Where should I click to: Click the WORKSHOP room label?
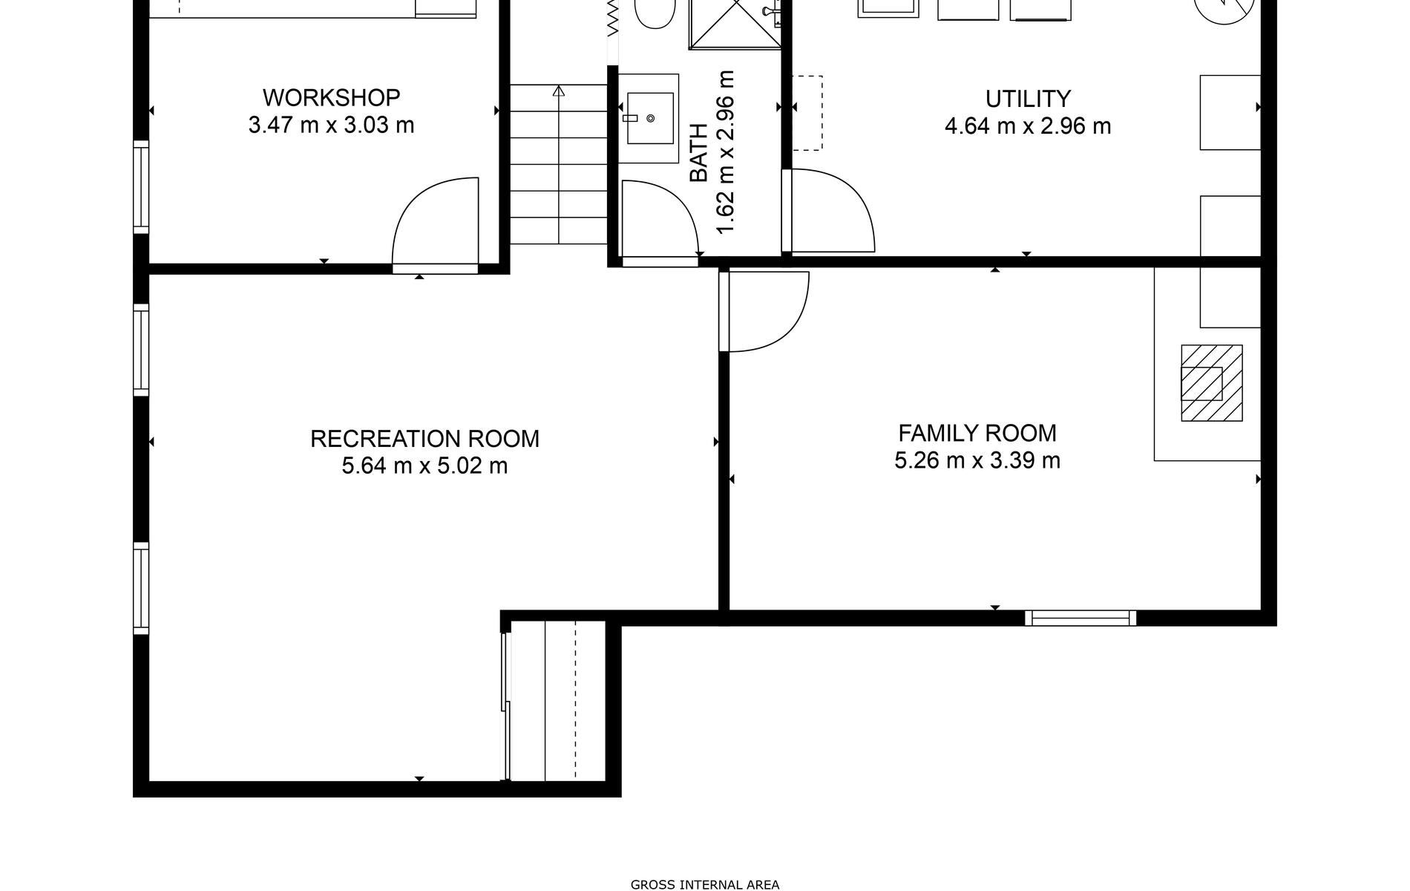click(x=331, y=97)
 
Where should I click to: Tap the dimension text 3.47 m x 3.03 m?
click(x=331, y=125)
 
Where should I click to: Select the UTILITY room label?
click(x=1028, y=99)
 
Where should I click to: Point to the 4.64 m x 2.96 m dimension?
click(x=1028, y=126)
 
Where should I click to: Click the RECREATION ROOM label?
click(x=424, y=439)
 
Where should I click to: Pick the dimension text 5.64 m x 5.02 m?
click(x=424, y=466)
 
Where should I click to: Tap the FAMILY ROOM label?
click(x=977, y=433)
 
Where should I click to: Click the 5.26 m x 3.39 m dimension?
click(x=977, y=460)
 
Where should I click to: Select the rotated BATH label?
click(x=699, y=153)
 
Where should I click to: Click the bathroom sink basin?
click(x=651, y=118)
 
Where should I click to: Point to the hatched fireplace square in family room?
click(x=1212, y=383)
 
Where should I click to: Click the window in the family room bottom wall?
click(x=1081, y=618)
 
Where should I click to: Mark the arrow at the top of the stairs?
click(x=559, y=91)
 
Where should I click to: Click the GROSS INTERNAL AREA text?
click(x=705, y=884)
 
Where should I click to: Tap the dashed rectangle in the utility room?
click(x=807, y=113)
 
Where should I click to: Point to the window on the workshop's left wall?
click(x=141, y=186)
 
